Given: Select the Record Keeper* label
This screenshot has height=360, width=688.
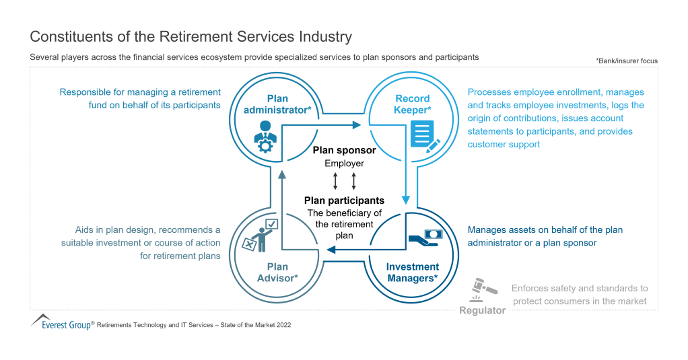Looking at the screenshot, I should (413, 104).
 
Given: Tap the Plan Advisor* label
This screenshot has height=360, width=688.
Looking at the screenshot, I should (277, 271).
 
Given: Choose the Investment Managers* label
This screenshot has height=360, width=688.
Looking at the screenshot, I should (412, 272).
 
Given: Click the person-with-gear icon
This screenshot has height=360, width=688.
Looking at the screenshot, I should (264, 136).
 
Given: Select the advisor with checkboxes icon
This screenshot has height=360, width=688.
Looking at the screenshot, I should (259, 235).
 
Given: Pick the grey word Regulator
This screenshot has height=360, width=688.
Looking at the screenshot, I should (482, 310).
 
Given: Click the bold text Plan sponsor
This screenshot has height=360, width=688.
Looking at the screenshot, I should (344, 151).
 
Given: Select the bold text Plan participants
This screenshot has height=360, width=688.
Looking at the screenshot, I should (344, 201).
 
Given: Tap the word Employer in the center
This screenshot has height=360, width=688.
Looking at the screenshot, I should (344, 164).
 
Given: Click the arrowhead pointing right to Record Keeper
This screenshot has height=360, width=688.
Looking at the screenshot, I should (357, 124).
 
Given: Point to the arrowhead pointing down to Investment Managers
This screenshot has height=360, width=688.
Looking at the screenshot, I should (406, 200).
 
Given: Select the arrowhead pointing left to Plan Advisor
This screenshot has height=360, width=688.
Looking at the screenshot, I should (329, 251).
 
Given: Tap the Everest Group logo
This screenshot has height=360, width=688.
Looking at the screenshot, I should (61, 322).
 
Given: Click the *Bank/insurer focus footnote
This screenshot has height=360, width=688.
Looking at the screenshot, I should (626, 61).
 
